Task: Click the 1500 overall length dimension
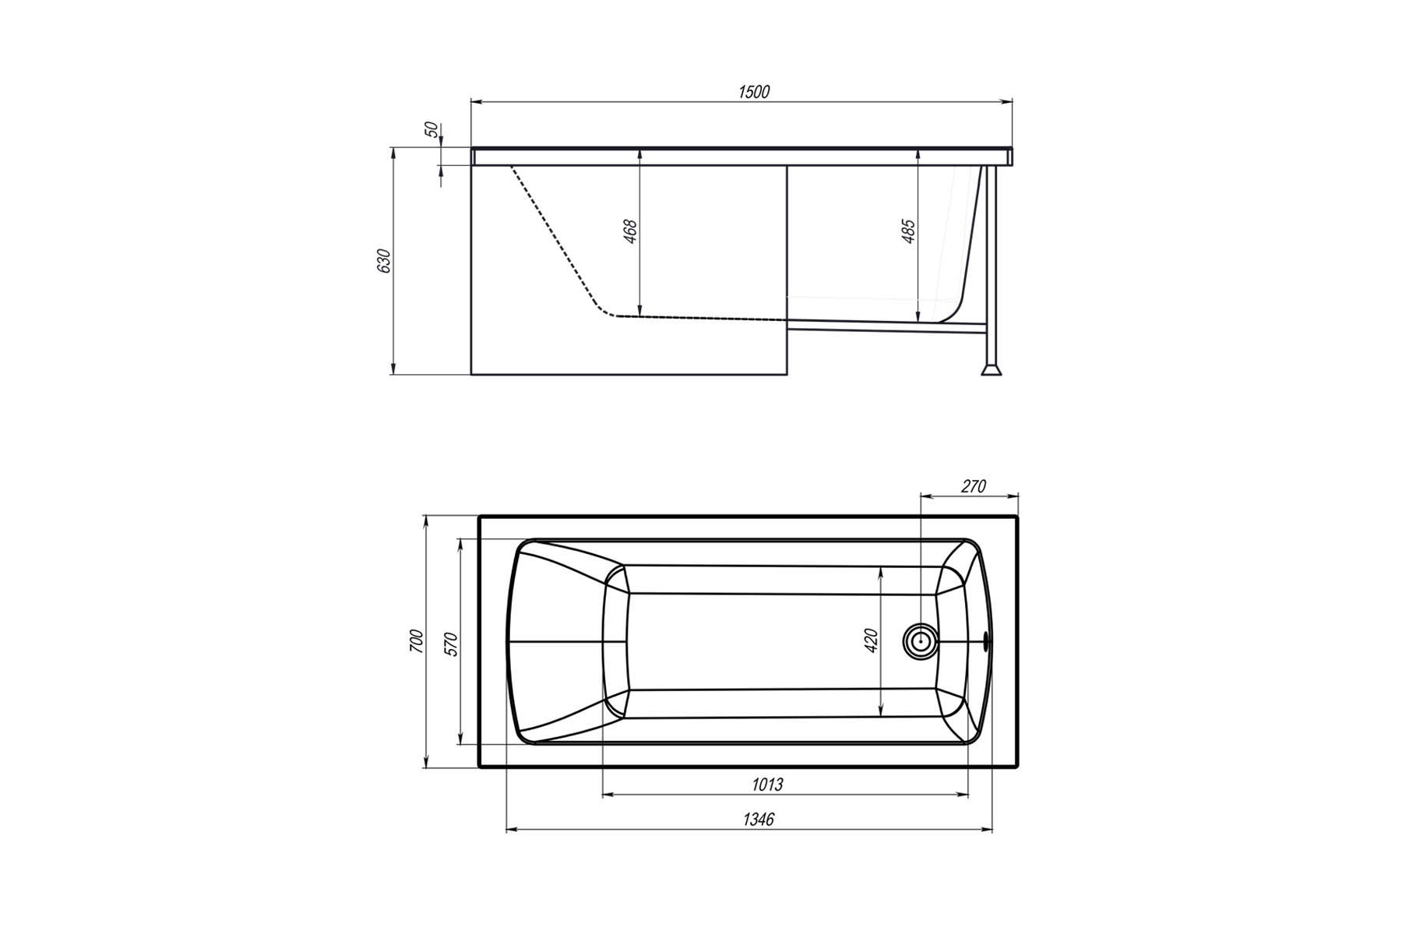[753, 92]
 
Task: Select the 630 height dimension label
[383, 261]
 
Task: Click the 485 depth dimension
[908, 232]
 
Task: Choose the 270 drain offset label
[973, 486]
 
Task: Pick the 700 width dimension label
[416, 640]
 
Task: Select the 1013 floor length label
[767, 784]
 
